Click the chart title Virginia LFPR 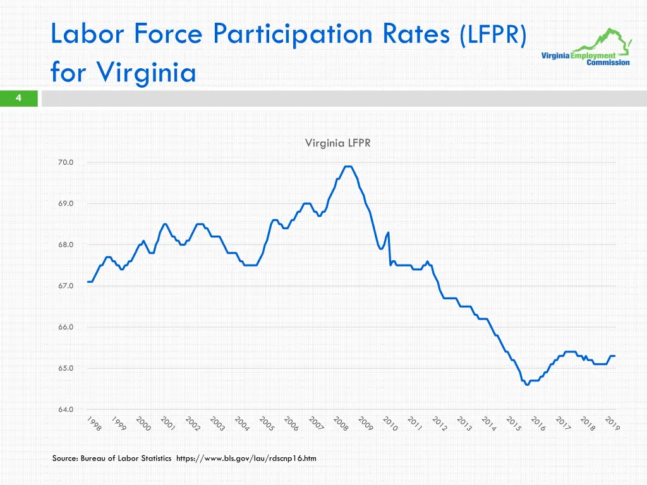coord(337,143)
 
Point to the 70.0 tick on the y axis coord(66,162)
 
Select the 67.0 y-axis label coord(66,286)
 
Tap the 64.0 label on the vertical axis coord(66,409)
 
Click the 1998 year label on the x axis coord(94,424)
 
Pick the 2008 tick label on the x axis coord(341,424)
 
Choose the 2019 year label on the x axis coord(612,424)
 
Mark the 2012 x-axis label coord(440,424)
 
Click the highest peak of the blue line coord(348,166)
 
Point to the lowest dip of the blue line coord(527,385)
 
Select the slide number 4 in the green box coord(19,98)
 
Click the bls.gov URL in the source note coord(246,458)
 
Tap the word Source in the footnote coord(65,458)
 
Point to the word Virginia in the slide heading coord(147,73)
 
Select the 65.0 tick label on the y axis coord(66,368)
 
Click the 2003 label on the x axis coord(217,424)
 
